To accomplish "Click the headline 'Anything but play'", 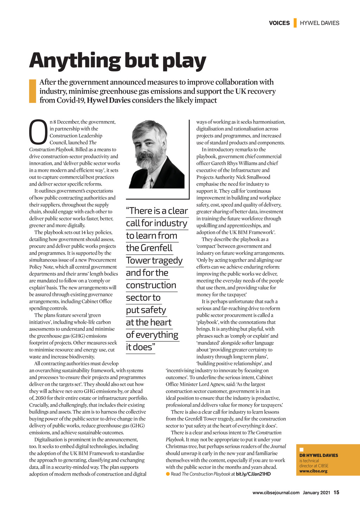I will pyautogui.click(x=117, y=60).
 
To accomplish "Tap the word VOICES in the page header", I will pyautogui.click(x=279, y=23).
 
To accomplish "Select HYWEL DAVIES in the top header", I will pyautogui.click(x=320, y=23).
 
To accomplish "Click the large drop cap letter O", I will pyautogui.click(x=38, y=133).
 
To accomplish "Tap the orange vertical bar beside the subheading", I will pyautogui.click(x=32, y=91).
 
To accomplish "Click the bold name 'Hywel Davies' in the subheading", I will pyautogui.click(x=109, y=101).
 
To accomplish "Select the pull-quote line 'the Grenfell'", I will pyautogui.click(x=149, y=248).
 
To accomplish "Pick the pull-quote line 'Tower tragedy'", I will pyautogui.click(x=154, y=260).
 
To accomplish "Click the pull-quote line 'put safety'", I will pyautogui.click(x=146, y=310).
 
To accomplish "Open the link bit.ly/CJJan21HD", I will pyautogui.click(x=253, y=474).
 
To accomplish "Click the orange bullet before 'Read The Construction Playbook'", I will pyautogui.click(x=168, y=474).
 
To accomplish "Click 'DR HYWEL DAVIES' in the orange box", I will pyautogui.click(x=319, y=455).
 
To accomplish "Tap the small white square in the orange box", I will pyautogui.click(x=301, y=450).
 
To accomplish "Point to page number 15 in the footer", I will pyautogui.click(x=336, y=492).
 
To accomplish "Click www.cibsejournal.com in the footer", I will pyautogui.click(x=276, y=492).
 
